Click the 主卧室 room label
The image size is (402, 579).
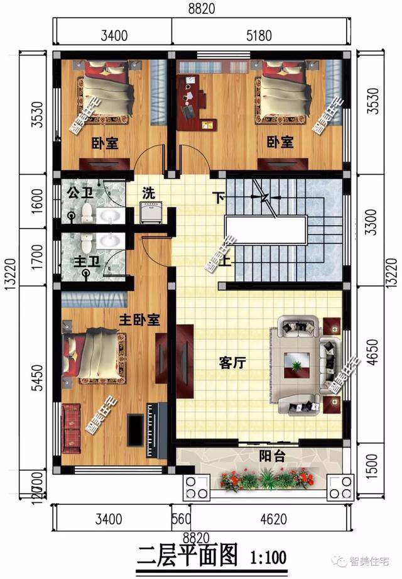[139, 320]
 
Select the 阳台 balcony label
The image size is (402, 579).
[273, 457]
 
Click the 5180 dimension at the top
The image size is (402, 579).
[259, 35]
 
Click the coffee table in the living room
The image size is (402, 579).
[296, 364]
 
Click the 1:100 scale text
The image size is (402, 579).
[268, 557]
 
